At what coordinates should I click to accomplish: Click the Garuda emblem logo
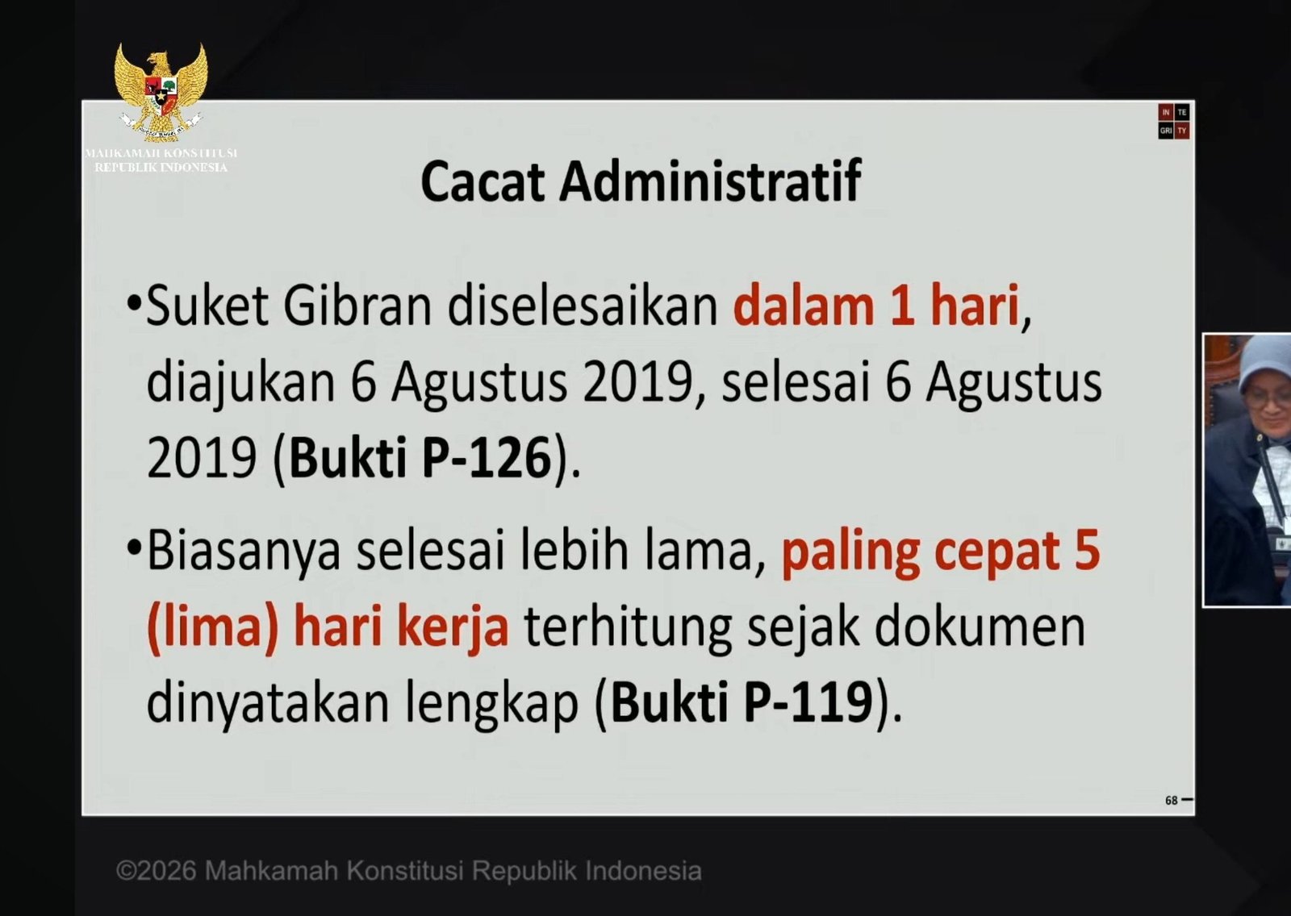pyautogui.click(x=161, y=91)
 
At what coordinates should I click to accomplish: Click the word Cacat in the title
pyautogui.click(x=483, y=181)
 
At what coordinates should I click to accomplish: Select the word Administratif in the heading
pyautogui.click(x=711, y=181)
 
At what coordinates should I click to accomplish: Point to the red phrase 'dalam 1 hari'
pyautogui.click(x=876, y=306)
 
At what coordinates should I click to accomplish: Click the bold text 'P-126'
pyautogui.click(x=487, y=458)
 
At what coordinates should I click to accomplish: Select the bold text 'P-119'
pyautogui.click(x=808, y=702)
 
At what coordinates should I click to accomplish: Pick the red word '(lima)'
pyautogui.click(x=213, y=628)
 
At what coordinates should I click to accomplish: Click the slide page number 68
pyautogui.click(x=1171, y=800)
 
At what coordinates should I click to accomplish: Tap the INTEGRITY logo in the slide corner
pyautogui.click(x=1174, y=122)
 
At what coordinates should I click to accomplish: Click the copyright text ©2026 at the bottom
pyautogui.click(x=156, y=871)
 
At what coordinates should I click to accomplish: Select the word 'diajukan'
pyautogui.click(x=241, y=383)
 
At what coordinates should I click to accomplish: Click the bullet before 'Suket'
pyautogui.click(x=134, y=304)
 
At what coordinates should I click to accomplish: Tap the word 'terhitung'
pyautogui.click(x=628, y=628)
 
